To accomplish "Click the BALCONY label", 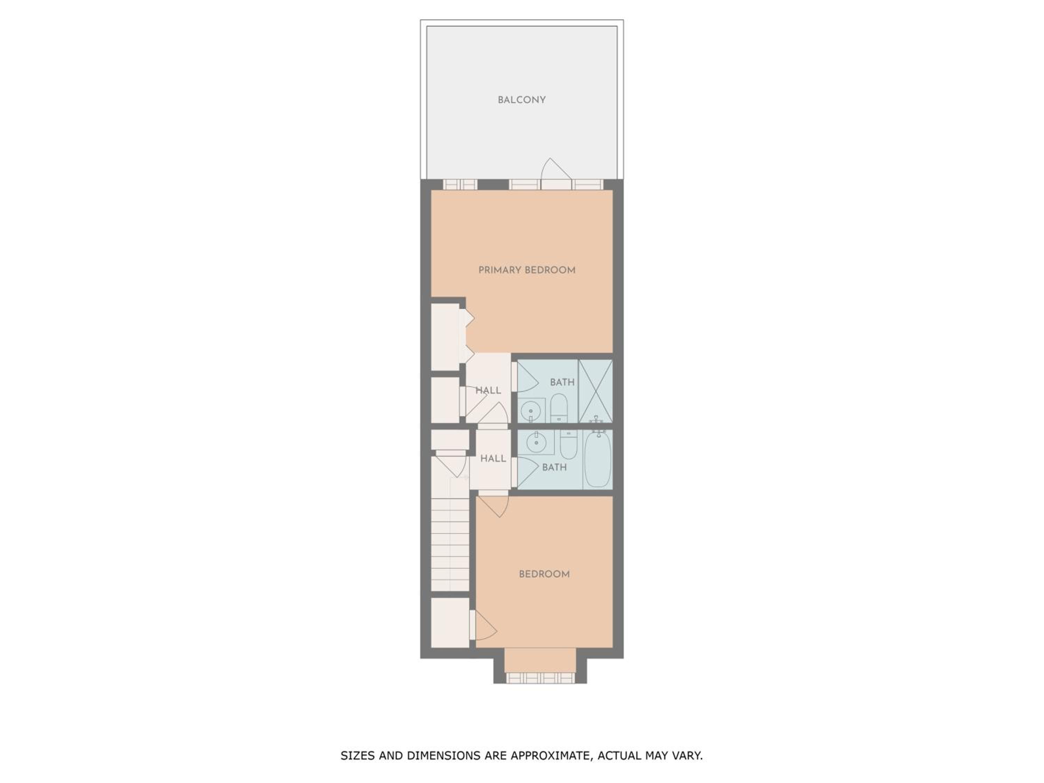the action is pyautogui.click(x=522, y=100).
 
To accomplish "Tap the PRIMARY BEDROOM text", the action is pyautogui.click(x=527, y=270).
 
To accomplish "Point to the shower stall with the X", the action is pyautogui.click(x=596, y=391).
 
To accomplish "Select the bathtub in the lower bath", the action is pyautogui.click(x=598, y=460).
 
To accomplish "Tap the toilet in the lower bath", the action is pyautogui.click(x=569, y=444).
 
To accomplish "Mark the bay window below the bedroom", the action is pyautogui.click(x=540, y=678).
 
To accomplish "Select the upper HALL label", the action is pyautogui.click(x=488, y=391).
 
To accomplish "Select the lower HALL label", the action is pyautogui.click(x=493, y=459).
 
